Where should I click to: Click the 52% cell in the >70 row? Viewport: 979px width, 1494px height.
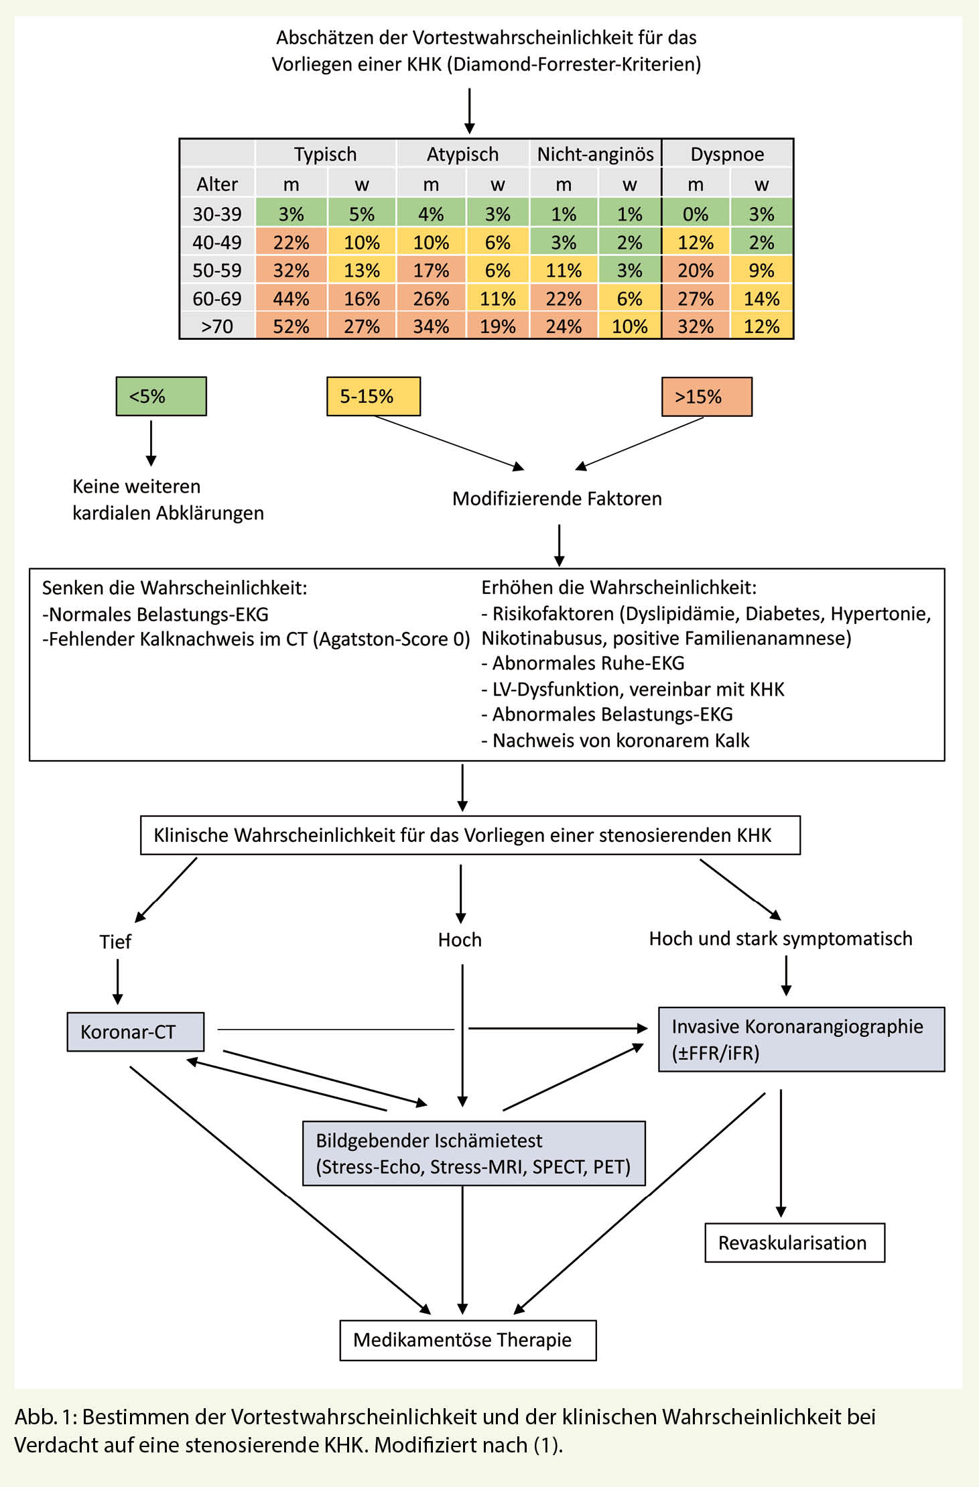tap(291, 326)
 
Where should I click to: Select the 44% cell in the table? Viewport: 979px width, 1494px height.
tap(291, 298)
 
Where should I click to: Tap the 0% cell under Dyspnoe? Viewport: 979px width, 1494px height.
tap(695, 214)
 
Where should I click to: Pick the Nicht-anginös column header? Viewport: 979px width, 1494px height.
tap(595, 154)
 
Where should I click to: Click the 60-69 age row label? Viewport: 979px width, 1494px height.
tap(217, 298)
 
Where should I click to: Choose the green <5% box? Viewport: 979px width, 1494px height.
tap(161, 396)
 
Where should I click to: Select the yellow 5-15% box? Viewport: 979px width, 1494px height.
tap(373, 396)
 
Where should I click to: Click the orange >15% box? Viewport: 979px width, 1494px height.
tap(706, 397)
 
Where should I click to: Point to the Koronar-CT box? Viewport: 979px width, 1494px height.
tap(135, 1032)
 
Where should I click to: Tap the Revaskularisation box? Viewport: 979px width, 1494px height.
tap(794, 1243)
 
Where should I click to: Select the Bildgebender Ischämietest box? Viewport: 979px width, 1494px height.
tap(474, 1154)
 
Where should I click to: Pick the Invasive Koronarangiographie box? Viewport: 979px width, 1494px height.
tap(801, 1040)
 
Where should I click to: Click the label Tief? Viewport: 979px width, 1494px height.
tap(115, 942)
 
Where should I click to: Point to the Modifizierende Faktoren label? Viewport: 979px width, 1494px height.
tap(557, 499)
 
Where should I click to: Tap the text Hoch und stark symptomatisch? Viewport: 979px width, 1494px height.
tap(781, 938)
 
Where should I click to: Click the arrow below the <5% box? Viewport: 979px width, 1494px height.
tap(151, 442)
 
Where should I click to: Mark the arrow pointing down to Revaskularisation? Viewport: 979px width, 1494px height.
tap(781, 1153)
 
